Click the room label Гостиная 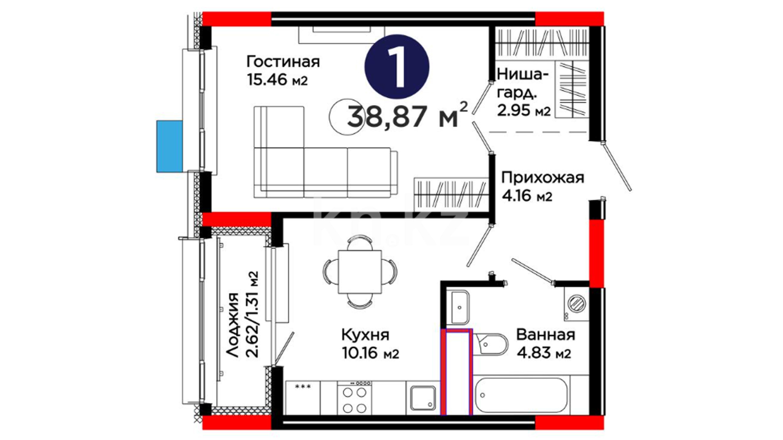pos(283,62)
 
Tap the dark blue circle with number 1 pos(396,66)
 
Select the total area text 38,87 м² pos(407,115)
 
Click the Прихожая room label pos(542,178)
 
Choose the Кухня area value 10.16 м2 pos(370,353)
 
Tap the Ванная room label pos(546,335)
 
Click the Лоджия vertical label pos(232,325)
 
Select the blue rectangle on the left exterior pos(170,146)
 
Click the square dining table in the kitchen pos(360,272)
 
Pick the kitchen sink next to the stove pos(423,398)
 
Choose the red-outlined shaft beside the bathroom pos(457,372)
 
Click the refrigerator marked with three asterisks pos(303,397)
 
